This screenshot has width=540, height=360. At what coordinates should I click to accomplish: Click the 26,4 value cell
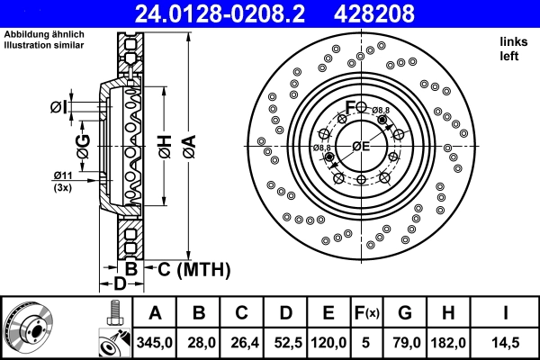click(x=241, y=341)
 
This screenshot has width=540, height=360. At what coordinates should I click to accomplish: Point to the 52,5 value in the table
click(x=285, y=341)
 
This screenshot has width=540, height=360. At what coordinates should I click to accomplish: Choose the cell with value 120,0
click(x=328, y=341)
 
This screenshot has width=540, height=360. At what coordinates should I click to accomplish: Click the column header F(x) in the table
click(x=366, y=313)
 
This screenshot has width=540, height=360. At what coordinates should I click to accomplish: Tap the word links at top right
click(x=514, y=41)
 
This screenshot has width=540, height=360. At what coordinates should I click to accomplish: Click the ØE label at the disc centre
click(x=361, y=146)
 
